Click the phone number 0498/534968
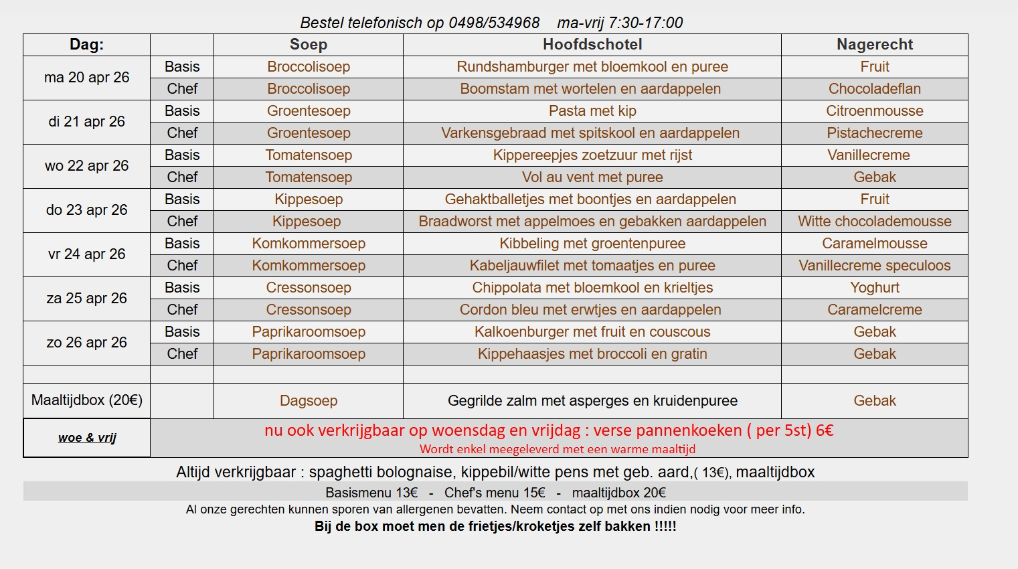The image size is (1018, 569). tap(494, 23)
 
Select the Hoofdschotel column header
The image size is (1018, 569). tap(592, 45)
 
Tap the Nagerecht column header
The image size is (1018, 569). tap(875, 45)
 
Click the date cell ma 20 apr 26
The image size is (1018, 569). tap(86, 78)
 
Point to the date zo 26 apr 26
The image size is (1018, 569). tap(86, 343)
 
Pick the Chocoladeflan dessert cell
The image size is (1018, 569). tap(875, 89)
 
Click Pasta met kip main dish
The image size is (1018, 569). tap(592, 111)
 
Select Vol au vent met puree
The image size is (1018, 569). tap(592, 177)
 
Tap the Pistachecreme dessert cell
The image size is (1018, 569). tap(875, 133)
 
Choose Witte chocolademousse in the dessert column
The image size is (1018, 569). tap(875, 222)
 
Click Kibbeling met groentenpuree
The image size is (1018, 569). tap(592, 244)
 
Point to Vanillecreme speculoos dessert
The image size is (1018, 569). tap(875, 266)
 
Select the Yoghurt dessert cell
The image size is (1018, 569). tap(875, 288)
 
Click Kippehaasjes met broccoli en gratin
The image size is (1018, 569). tap(592, 354)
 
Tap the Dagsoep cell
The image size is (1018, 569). tap(309, 401)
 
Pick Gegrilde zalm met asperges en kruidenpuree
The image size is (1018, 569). tap(592, 401)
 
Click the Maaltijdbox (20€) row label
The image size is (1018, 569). tap(86, 400)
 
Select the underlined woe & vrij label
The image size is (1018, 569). tap(87, 438)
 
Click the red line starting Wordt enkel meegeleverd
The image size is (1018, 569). tap(558, 449)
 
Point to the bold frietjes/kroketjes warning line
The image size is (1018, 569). tap(495, 526)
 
